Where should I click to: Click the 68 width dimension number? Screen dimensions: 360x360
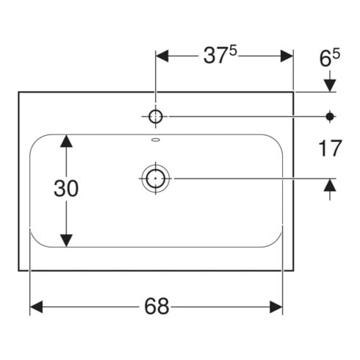[156, 306]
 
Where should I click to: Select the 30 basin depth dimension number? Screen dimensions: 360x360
[66, 188]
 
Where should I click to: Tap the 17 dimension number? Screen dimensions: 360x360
[330, 148]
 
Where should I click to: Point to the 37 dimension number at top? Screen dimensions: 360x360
[215, 56]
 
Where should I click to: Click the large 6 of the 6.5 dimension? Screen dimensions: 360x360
[325, 59]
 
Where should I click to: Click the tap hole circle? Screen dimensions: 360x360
[156, 116]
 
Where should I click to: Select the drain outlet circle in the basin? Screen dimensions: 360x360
[156, 179]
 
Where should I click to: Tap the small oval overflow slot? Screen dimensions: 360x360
[156, 140]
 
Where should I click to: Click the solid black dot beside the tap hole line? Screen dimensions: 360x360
[330, 117]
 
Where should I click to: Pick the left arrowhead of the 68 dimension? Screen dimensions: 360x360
[36, 307]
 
